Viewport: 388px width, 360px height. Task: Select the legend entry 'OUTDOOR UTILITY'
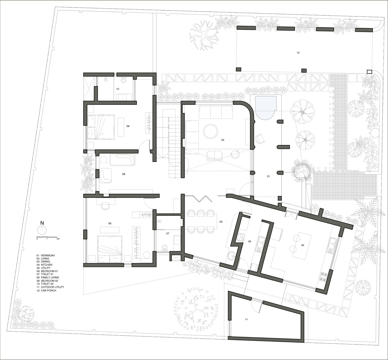[x=52, y=287]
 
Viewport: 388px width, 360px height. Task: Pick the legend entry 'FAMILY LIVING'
[x=50, y=277]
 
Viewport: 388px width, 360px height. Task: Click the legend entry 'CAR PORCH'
[x=48, y=290]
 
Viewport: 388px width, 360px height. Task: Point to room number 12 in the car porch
[x=298, y=53]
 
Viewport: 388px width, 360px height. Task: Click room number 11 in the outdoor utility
[x=246, y=319]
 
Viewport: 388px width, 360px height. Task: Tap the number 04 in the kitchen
[x=303, y=245]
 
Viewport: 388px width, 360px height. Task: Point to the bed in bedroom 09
[x=101, y=127]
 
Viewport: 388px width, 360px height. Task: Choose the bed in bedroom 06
[x=110, y=249]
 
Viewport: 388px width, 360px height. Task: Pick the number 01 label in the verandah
[x=268, y=176]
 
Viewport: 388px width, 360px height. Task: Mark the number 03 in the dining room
[x=221, y=222]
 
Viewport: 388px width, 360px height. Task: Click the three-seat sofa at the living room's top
[x=216, y=112]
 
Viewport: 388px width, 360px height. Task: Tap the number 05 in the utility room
[x=250, y=241]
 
